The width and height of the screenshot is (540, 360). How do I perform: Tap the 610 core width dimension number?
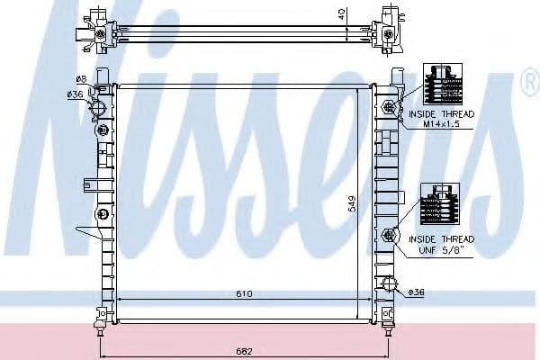[x=245, y=293]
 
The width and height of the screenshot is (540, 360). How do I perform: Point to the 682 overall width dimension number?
[x=246, y=350]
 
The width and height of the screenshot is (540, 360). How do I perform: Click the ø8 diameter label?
[x=80, y=80]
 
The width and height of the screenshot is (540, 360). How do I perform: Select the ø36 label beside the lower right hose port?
[x=417, y=292]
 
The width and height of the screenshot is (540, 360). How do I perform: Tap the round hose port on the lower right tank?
[x=390, y=285]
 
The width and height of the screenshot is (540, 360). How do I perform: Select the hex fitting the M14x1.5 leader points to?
[x=389, y=108]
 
